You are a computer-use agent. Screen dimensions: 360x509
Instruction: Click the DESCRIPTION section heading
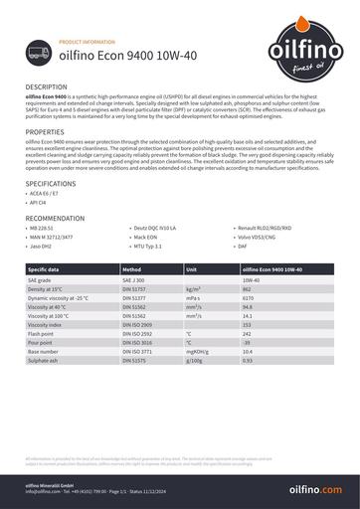pos(47,87)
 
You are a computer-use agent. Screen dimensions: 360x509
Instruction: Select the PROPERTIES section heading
pos(45,131)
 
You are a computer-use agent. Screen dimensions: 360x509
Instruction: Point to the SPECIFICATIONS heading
pos(51,184)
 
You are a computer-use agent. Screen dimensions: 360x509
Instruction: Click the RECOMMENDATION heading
pos(56,217)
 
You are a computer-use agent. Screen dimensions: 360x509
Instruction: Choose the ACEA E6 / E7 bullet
pos(47,195)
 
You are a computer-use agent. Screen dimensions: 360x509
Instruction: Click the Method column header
pos(132,269)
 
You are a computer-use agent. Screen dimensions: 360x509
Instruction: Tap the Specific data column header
pos(45,269)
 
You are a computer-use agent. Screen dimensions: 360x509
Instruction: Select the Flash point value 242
pos(247,333)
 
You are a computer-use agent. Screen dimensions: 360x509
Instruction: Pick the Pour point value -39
pos(247,342)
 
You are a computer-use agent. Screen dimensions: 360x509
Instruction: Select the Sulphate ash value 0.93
pos(248,360)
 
